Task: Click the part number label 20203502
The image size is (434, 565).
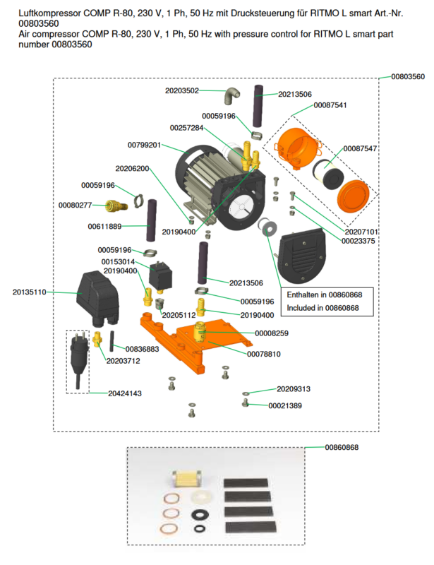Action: (182, 90)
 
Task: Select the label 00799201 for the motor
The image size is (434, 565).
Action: (145, 145)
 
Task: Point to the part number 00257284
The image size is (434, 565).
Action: (186, 128)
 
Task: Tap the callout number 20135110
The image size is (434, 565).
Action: (30, 291)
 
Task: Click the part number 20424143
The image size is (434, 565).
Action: (125, 393)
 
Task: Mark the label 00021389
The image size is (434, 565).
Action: (285, 405)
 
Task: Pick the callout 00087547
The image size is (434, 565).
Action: (360, 148)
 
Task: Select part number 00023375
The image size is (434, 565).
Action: (358, 241)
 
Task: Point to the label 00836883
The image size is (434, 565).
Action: (143, 349)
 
